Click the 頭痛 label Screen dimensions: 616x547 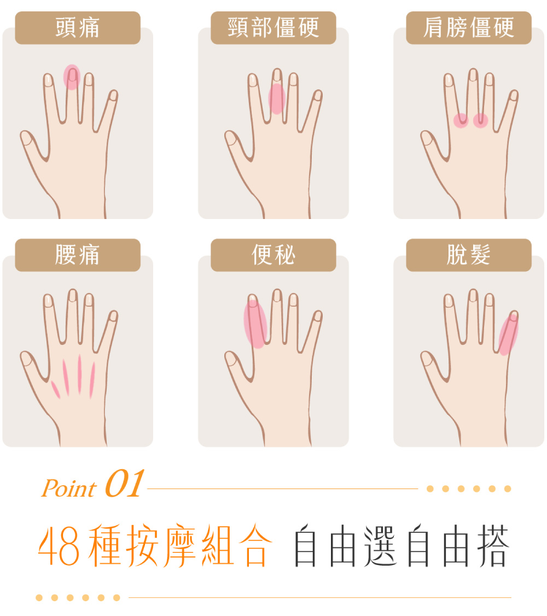pos(78,27)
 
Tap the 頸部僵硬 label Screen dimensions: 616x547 pos(273,27)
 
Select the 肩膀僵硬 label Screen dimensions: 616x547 pos(469,27)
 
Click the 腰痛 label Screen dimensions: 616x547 pos(78,255)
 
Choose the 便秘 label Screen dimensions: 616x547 pos(273,255)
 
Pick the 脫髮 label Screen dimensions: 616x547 pos(469,255)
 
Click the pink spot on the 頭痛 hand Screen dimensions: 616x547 pos(72,77)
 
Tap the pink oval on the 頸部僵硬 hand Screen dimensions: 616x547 pos(277,99)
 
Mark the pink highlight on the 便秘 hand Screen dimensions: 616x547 pos(255,324)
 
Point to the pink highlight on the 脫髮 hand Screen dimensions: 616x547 pos(509,334)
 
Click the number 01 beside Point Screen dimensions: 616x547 pos(124,484)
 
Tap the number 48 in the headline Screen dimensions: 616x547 pos(59,547)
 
